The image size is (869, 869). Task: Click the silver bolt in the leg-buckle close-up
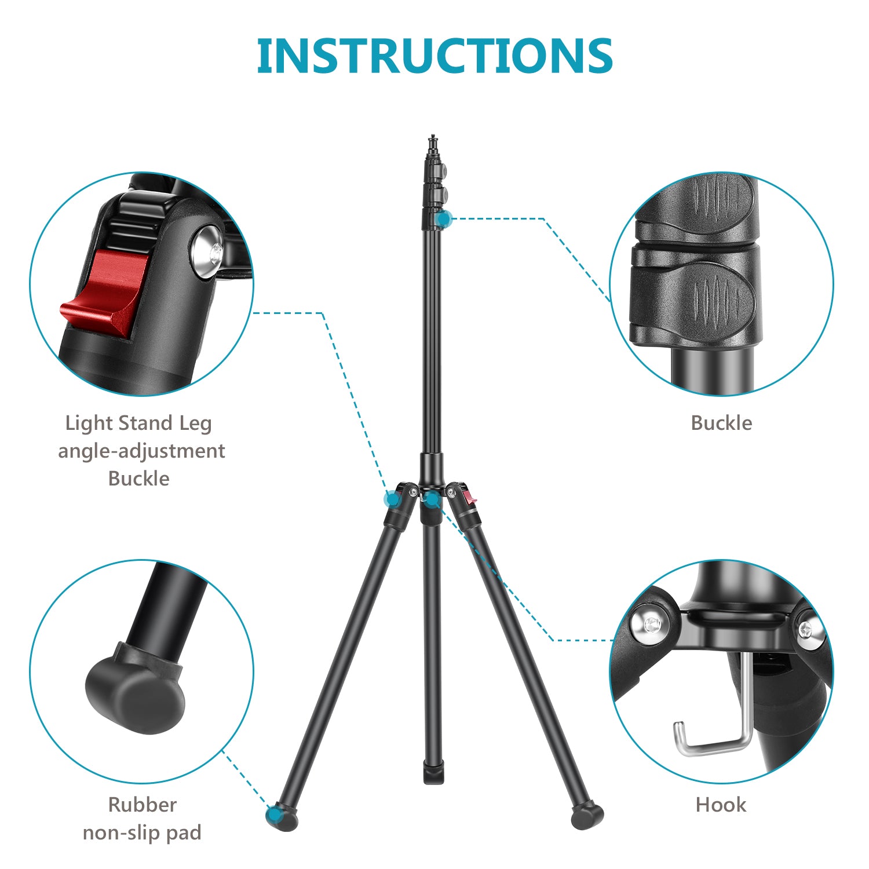(x=207, y=251)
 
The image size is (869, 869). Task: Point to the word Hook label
(x=721, y=804)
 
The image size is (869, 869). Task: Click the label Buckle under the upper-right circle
(x=721, y=423)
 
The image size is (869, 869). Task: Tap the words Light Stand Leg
(x=138, y=423)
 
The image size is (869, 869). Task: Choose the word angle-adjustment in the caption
(x=141, y=451)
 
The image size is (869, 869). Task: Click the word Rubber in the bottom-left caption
(x=142, y=804)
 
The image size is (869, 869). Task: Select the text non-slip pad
(x=142, y=833)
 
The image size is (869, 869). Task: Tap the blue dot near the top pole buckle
(x=444, y=219)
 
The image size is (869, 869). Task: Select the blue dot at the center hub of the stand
(x=432, y=499)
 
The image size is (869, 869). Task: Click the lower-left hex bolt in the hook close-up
(x=652, y=624)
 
